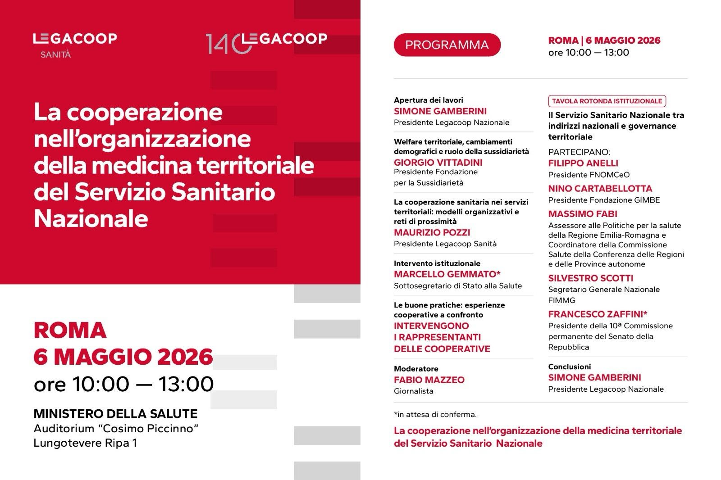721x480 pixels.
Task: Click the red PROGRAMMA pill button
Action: point(447,45)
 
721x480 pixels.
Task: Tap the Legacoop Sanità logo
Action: point(75,45)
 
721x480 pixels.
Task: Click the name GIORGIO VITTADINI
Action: point(438,163)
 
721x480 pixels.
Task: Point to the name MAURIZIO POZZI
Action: point(432,232)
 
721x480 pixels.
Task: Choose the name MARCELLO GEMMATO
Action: point(447,274)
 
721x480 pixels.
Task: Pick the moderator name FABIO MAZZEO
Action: point(429,380)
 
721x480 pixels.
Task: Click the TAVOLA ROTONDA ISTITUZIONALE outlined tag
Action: point(607,101)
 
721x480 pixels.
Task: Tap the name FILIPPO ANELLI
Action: point(583,163)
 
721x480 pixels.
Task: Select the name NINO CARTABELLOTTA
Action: point(600,189)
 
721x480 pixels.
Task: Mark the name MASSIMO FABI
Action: point(583,214)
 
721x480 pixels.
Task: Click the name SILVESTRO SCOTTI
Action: point(590,278)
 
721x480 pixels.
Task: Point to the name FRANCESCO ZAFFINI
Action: point(598,314)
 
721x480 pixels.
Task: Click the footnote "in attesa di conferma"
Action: point(435,414)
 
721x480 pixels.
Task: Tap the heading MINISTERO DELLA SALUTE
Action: point(115,414)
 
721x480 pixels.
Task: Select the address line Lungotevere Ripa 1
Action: point(85,443)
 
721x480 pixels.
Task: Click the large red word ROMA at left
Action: point(70,330)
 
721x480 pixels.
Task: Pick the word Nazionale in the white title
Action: point(91,219)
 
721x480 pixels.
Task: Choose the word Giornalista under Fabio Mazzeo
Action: point(413,391)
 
